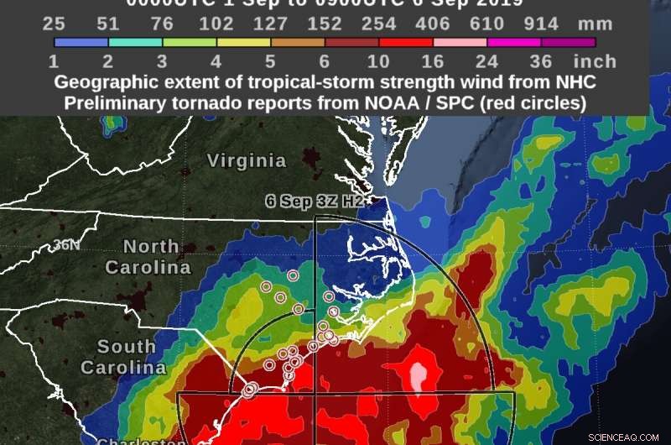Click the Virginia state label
[247, 160]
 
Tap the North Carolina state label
[148, 257]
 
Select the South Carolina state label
[117, 357]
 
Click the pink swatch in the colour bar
[460, 41]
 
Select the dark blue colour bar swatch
[81, 41]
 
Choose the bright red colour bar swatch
[406, 41]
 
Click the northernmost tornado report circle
[293, 275]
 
